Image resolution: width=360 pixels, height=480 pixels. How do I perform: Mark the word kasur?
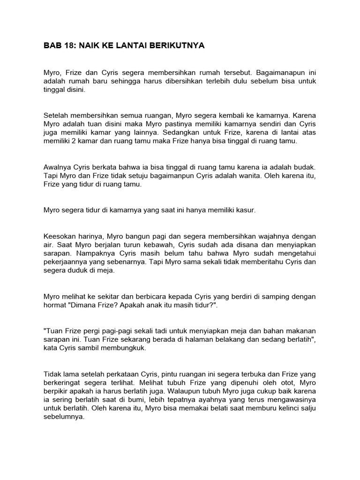(247, 210)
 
